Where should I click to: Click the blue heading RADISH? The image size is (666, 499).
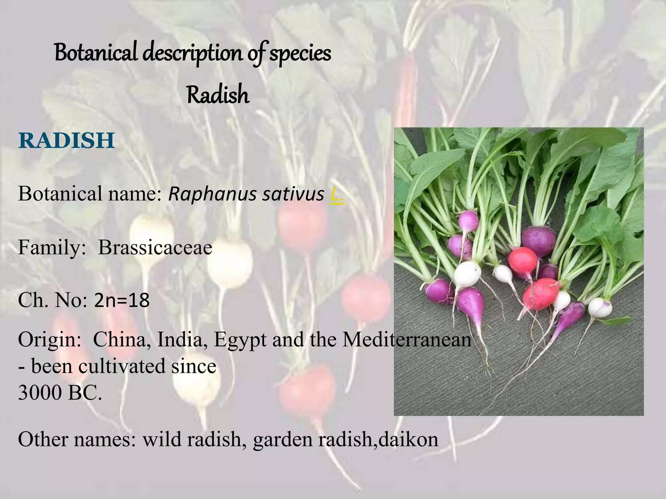(x=67, y=140)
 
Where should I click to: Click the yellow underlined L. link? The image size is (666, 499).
(x=337, y=195)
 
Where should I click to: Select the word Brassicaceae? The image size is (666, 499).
(x=155, y=248)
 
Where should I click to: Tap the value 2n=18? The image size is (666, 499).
(x=122, y=301)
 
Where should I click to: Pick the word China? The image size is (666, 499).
(x=119, y=340)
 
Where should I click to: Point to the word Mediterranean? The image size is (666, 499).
(x=406, y=340)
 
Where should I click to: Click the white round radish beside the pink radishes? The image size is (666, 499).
(x=467, y=273)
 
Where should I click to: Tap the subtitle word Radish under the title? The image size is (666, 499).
(x=218, y=95)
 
